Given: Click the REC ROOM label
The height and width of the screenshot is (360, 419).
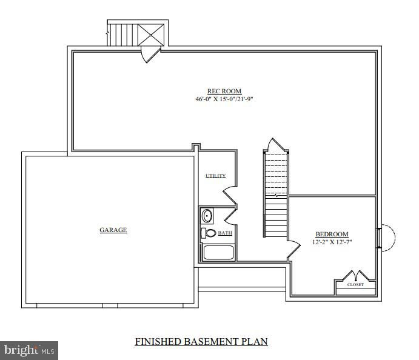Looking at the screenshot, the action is pyautogui.click(x=224, y=91).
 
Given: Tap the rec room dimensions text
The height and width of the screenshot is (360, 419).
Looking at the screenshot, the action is pyautogui.click(x=224, y=99).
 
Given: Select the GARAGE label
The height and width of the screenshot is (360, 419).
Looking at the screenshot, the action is pyautogui.click(x=113, y=230).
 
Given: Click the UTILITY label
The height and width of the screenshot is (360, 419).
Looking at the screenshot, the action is pyautogui.click(x=216, y=176).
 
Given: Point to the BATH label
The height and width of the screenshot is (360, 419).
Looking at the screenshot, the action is pyautogui.click(x=225, y=233).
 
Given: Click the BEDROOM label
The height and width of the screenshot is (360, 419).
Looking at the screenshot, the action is pyautogui.click(x=332, y=234).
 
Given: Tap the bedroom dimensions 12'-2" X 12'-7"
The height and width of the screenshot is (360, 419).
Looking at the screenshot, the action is pyautogui.click(x=332, y=242).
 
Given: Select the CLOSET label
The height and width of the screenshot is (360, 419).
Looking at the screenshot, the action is pyautogui.click(x=355, y=285).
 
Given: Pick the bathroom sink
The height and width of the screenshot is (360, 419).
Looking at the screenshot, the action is pyautogui.click(x=207, y=216).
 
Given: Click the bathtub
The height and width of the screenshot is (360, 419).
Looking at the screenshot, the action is pyautogui.click(x=218, y=253).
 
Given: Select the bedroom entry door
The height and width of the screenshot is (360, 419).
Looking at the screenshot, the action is pyautogui.click(x=294, y=250).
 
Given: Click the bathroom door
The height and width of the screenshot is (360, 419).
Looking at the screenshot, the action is pyautogui.click(x=230, y=216).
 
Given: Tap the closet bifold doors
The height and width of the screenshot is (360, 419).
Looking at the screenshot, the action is pyautogui.click(x=356, y=275).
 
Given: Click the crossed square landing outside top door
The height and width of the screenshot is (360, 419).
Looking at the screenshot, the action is pyautogui.click(x=151, y=35).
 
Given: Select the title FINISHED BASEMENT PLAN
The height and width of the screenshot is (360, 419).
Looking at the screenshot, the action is pyautogui.click(x=201, y=342).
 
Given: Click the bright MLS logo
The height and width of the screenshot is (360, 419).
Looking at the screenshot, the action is pyautogui.click(x=29, y=350).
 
